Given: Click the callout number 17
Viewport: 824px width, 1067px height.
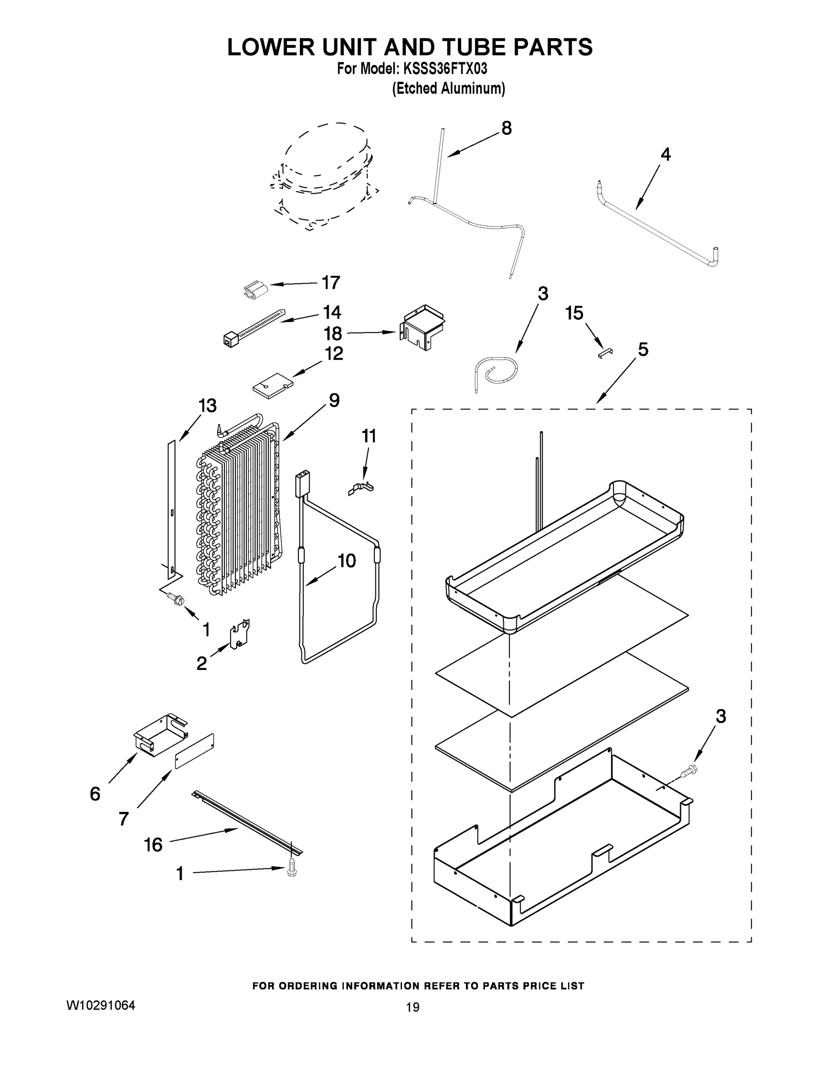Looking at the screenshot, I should pos(330,283).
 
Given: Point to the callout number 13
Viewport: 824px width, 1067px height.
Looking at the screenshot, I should pos(207,406).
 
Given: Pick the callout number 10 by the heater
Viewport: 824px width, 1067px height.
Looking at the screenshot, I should pos(346,561).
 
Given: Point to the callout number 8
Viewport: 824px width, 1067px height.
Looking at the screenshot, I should pos(506,128).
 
